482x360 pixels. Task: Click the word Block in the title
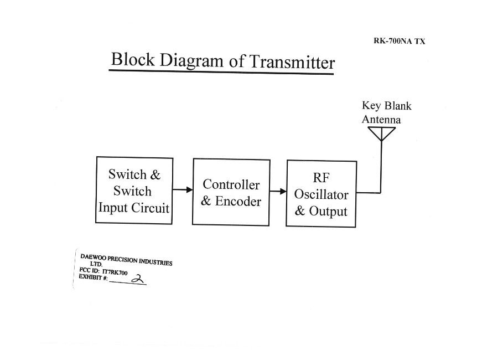pos(132,59)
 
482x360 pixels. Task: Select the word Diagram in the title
pos(191,61)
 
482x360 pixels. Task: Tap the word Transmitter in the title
pos(292,62)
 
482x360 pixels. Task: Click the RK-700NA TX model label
pos(400,41)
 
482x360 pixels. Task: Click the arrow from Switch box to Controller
pos(183,189)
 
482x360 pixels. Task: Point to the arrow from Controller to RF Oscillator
pos(278,192)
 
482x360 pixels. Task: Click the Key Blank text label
pos(386,106)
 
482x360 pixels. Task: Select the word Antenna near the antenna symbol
pos(381,120)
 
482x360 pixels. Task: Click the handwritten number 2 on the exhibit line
pos(137,279)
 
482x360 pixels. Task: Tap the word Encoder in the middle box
pos(238,201)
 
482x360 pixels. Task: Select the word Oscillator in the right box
pos(321,194)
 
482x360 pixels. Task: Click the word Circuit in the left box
pos(150,208)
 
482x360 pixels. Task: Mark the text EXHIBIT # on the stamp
pos(93,277)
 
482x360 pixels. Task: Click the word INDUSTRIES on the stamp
pos(156,262)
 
